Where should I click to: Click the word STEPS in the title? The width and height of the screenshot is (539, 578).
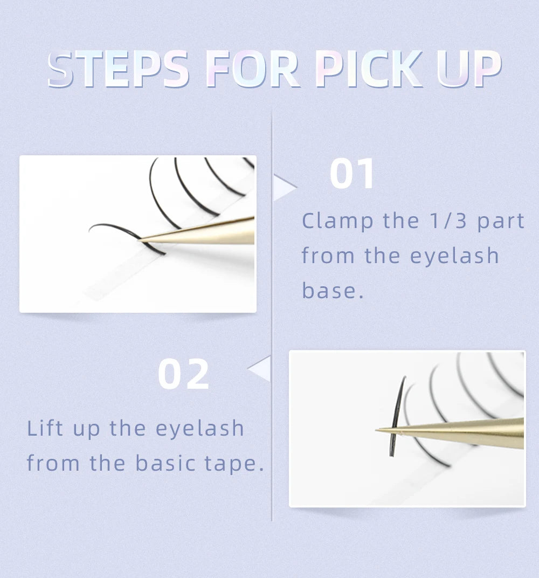118,69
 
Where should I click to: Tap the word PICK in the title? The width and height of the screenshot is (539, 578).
369,69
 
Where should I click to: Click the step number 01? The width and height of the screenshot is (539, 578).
352,173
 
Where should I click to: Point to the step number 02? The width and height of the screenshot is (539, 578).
183,374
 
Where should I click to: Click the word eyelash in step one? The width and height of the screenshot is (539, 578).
454,256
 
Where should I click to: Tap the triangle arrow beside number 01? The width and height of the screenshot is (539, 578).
285,188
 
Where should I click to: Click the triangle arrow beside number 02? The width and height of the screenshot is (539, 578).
260,369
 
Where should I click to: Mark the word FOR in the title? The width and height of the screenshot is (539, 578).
252,69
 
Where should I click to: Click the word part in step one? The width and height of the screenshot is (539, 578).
501,221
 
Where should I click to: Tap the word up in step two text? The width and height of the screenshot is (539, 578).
86,429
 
